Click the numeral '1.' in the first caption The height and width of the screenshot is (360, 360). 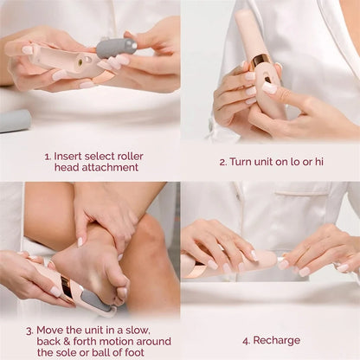tap(48, 157)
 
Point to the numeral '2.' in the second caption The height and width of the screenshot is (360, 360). tap(223, 162)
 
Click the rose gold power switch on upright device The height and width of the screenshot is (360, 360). tap(260, 61)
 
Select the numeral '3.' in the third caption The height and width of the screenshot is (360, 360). tap(29, 330)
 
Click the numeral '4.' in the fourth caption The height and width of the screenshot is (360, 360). tap(247, 340)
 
